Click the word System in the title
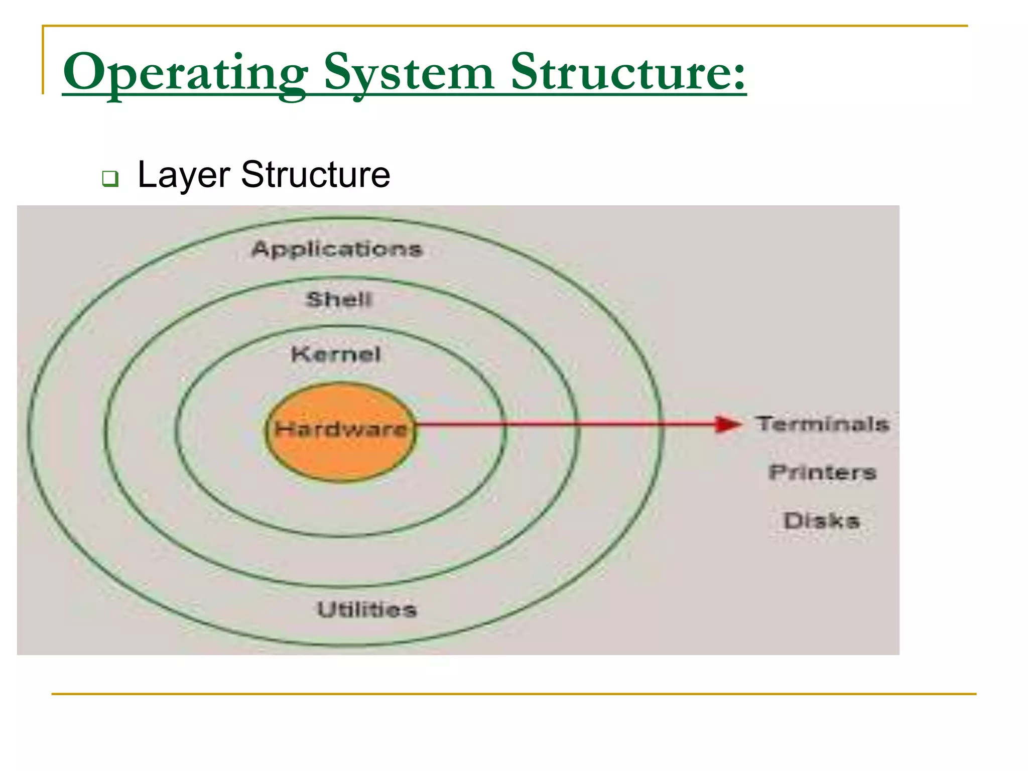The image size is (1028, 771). point(409,73)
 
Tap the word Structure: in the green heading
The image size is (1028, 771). point(627,73)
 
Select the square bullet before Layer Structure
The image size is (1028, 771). point(110,178)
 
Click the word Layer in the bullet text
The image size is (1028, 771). point(184,175)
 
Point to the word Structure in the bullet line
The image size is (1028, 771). point(315,175)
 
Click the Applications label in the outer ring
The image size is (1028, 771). point(337,249)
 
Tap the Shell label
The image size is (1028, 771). point(339,300)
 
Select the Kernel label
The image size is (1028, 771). point(336,354)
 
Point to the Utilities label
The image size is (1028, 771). point(367,610)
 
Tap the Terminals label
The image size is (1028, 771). point(823,424)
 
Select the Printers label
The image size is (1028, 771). point(822,472)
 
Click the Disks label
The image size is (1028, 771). point(822,521)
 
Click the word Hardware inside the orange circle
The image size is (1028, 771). point(341,429)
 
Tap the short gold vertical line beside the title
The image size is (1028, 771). point(43,60)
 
